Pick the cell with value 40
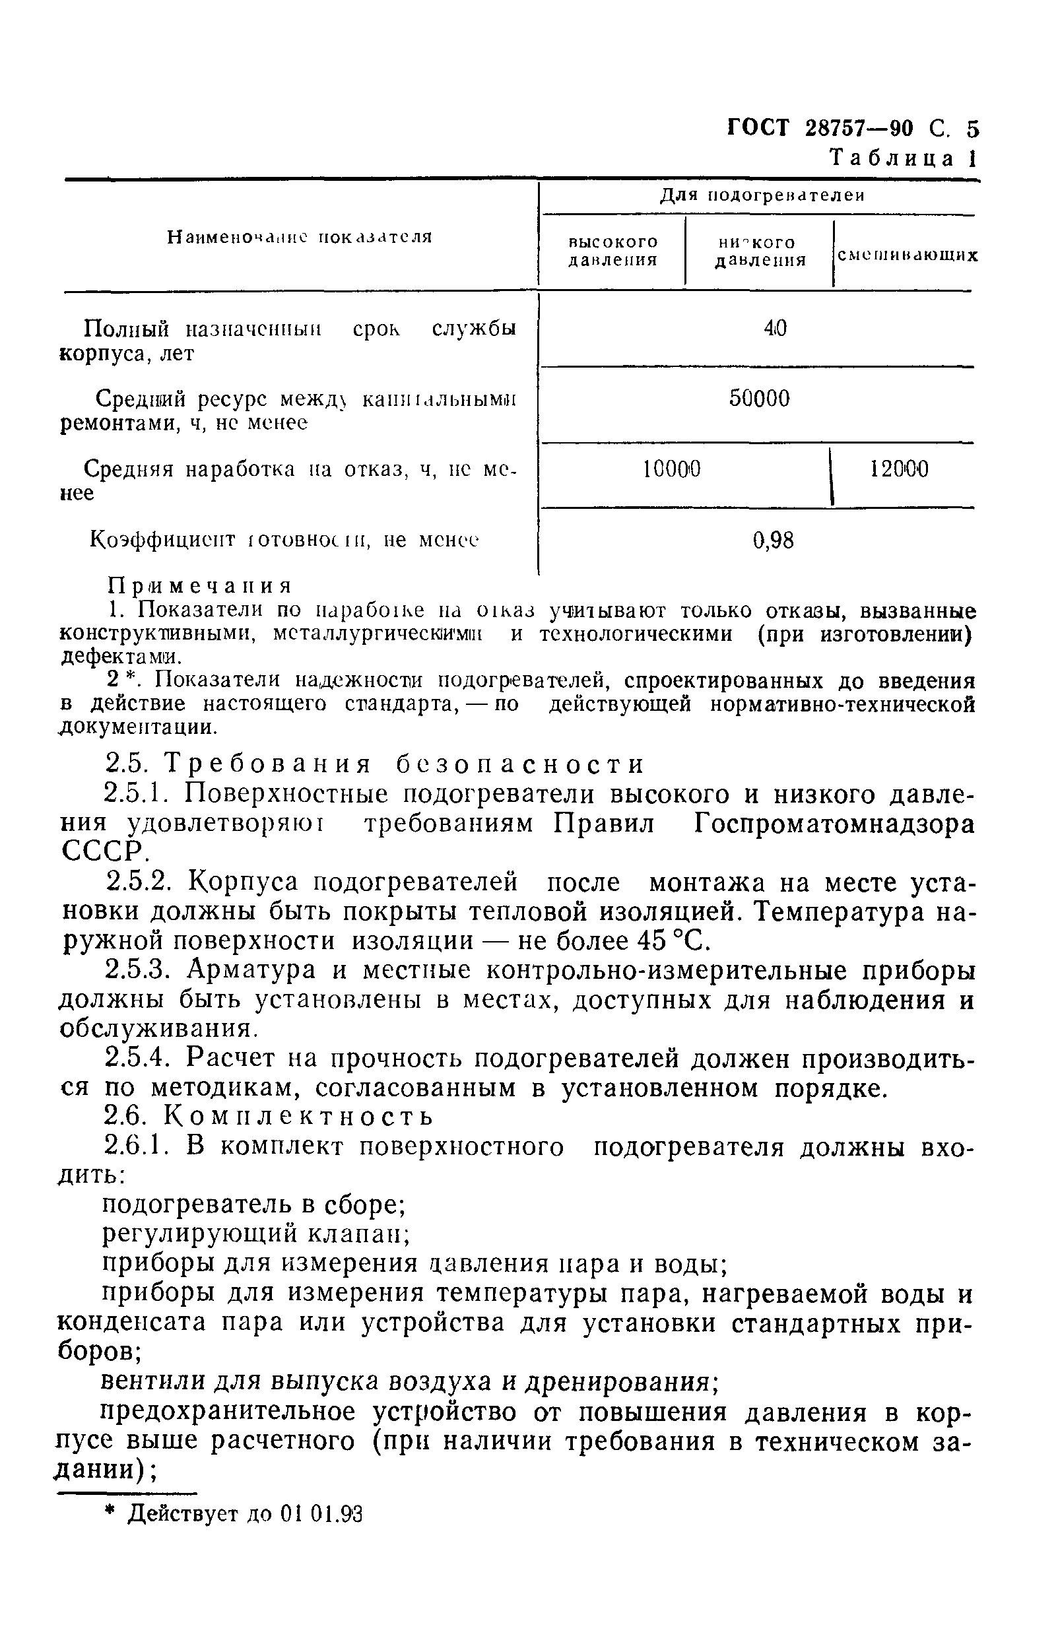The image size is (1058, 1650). tap(775, 329)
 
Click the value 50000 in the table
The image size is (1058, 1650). tap(759, 399)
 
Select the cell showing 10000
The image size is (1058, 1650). tap(672, 470)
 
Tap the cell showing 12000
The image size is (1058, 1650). tap(899, 470)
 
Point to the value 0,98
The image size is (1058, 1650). tap(774, 541)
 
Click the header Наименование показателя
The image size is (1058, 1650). tap(300, 237)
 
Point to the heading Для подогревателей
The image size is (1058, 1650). tap(762, 196)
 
